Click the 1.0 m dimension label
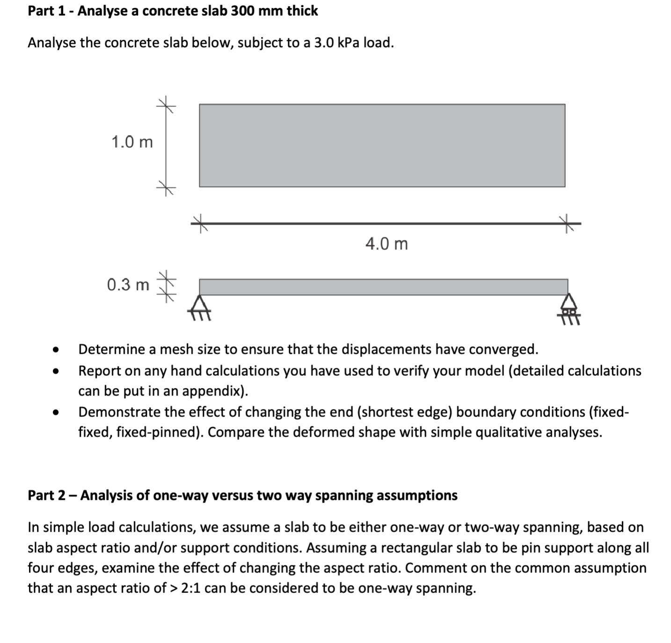pyautogui.click(x=132, y=142)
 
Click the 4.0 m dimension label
pyautogui.click(x=387, y=244)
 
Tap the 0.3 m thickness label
pyautogui.click(x=128, y=285)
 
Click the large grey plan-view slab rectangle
pyautogui.click(x=382, y=146)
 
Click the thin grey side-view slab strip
pyautogui.click(x=384, y=287)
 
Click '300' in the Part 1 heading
pyautogui.click(x=241, y=11)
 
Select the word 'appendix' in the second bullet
pyautogui.click(x=213, y=391)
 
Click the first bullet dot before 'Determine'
pyautogui.click(x=56, y=350)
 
